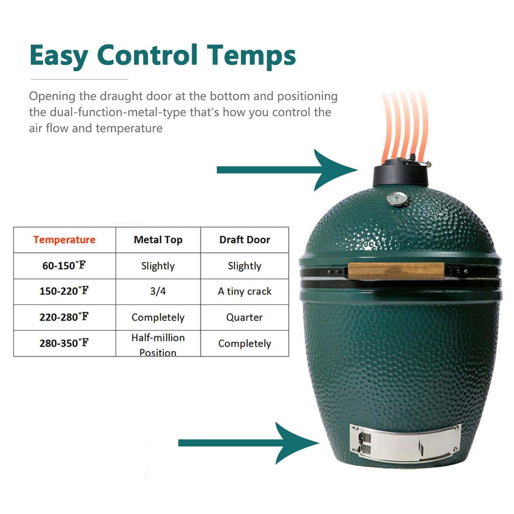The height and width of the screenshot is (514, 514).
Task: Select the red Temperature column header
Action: pyautogui.click(x=64, y=240)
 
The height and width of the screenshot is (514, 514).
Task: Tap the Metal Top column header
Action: pyautogui.click(x=158, y=240)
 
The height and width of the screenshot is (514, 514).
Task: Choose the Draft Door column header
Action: pyautogui.click(x=244, y=240)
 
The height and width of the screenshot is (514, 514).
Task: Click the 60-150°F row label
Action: pyautogui.click(x=64, y=265)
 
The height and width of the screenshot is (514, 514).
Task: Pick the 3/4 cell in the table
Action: pyautogui.click(x=158, y=291)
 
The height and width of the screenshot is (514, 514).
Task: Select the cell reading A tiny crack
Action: pyautogui.click(x=244, y=291)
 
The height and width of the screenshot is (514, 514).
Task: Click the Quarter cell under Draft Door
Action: pyautogui.click(x=244, y=317)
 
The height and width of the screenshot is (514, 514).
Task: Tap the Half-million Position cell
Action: pyautogui.click(x=158, y=345)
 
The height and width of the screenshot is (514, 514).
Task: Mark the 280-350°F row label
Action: pyautogui.click(x=64, y=343)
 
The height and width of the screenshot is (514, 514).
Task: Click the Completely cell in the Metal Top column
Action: pyautogui.click(x=158, y=317)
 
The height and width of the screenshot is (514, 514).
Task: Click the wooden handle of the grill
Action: pyautogui.click(x=396, y=271)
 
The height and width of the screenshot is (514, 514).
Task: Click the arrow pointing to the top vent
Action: pyautogui.click(x=287, y=170)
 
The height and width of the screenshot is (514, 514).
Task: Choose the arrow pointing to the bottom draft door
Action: pyautogui.click(x=249, y=443)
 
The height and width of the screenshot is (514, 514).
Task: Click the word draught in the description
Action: pyautogui.click(x=121, y=96)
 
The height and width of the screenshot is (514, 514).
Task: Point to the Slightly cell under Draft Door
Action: pyautogui.click(x=244, y=266)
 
